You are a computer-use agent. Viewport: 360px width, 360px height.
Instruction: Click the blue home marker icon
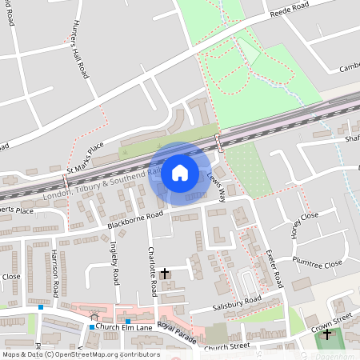pos(180,172)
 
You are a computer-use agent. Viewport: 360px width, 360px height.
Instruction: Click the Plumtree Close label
pos(317,263)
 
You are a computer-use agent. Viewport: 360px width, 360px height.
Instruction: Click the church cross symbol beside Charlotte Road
pos(165,274)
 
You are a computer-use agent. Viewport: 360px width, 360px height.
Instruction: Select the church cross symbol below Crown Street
pos(326,334)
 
